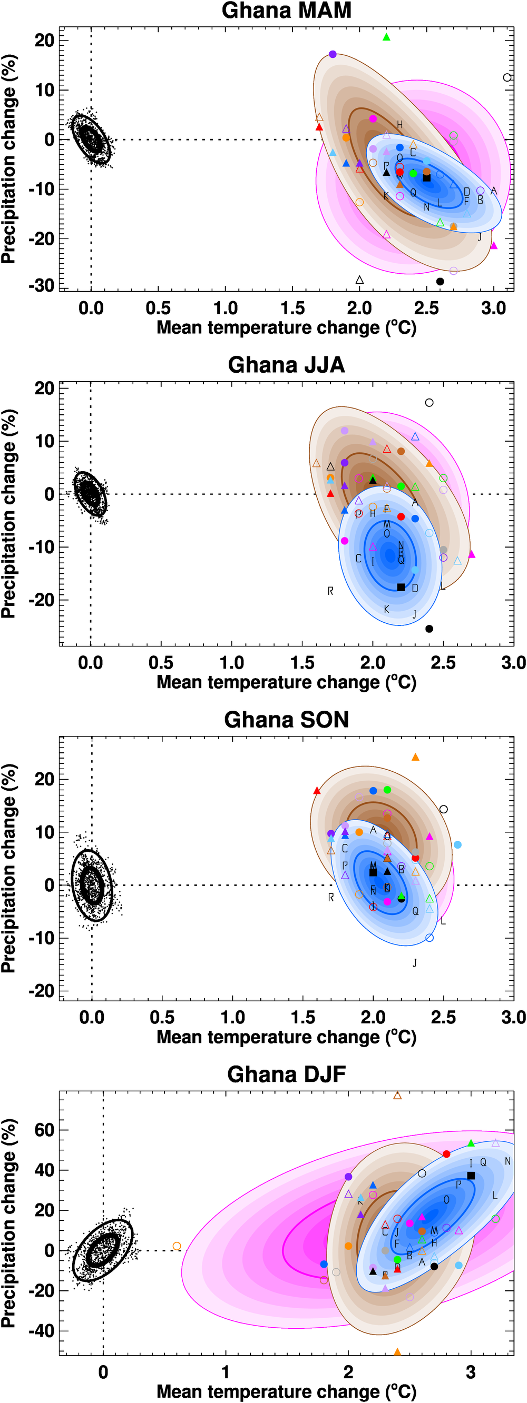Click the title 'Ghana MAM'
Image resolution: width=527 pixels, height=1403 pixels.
pos(286,11)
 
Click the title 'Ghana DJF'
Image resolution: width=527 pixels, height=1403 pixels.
pos(286,1074)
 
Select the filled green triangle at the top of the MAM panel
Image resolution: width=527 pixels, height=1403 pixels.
pos(386,37)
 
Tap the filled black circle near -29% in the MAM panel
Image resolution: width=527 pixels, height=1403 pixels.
pos(440,282)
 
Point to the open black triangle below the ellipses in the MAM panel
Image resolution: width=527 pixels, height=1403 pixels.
pos(359,280)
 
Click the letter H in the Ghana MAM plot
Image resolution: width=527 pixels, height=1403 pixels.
pos(399,125)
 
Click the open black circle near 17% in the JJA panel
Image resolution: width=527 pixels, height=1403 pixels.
pos(429,403)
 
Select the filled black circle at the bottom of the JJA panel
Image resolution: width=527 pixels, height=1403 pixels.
pos(429,629)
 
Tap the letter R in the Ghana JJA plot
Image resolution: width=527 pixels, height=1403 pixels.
pos(330,591)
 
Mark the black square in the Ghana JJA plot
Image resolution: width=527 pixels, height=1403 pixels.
pos(401,587)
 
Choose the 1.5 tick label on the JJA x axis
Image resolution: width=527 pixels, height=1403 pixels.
pos(302,663)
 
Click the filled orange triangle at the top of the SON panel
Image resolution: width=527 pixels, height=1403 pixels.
pos(415,757)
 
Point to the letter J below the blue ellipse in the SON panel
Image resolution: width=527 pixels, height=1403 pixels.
pos(415,963)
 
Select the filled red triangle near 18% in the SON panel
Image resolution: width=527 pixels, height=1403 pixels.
pos(317,791)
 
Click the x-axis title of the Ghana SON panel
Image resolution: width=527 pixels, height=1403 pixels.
pos(286,1037)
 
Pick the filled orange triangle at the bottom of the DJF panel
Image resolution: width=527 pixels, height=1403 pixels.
pos(397,1352)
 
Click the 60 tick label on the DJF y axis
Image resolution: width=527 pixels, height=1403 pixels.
pos(44,1130)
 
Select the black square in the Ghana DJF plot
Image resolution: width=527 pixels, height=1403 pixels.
pos(471,1176)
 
